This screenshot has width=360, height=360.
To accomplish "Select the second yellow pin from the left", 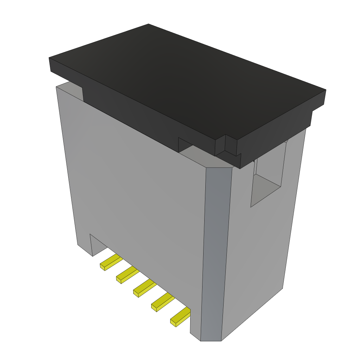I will [127, 275].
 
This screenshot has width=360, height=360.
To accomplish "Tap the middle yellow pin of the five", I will [144, 289].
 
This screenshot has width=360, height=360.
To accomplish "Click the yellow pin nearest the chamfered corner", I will [180, 316].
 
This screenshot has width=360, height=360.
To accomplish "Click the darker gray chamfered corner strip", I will [214, 253].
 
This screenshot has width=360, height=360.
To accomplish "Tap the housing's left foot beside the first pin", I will [84, 246].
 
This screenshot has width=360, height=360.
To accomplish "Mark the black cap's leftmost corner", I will [50, 58].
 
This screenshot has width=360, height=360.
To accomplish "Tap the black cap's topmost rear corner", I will [148, 25].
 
